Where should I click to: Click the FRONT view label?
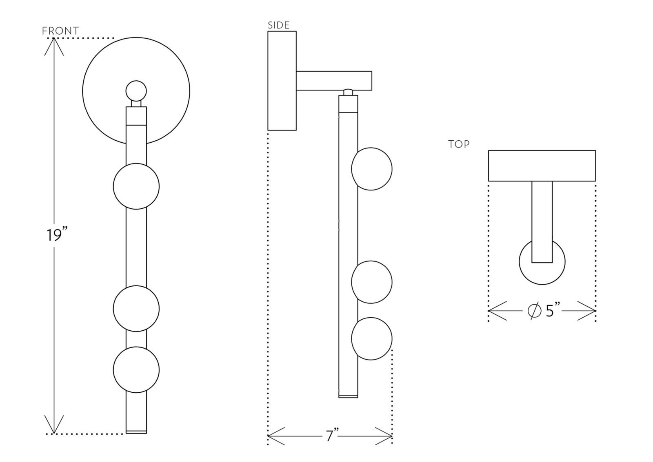pyautogui.click(x=60, y=31)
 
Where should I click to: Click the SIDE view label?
pyautogui.click(x=278, y=25)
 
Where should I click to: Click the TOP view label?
pyautogui.click(x=459, y=144)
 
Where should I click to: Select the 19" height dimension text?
pyautogui.click(x=56, y=235)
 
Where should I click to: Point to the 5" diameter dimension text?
pyautogui.click(x=553, y=311)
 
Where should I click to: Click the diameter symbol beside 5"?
pyautogui.click(x=534, y=311)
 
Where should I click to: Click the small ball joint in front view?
pyautogui.click(x=136, y=91)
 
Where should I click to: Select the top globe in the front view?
pyautogui.click(x=136, y=186)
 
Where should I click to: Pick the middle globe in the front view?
pyautogui.click(x=136, y=308)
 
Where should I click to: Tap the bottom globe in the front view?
pyautogui.click(x=136, y=370)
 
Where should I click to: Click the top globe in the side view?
pyautogui.click(x=372, y=169)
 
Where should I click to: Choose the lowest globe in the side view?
pyautogui.click(x=372, y=339)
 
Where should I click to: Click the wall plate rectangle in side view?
pyautogui.click(x=282, y=81)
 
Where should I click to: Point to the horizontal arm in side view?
pyautogui.click(x=334, y=81)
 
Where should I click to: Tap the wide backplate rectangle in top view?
pyautogui.click(x=542, y=166)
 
